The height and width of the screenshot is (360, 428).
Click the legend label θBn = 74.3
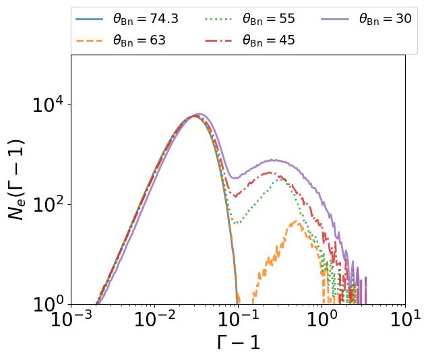click(146, 19)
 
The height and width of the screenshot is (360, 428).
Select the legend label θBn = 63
click(140, 40)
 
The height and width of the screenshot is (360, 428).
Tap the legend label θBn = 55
click(269, 19)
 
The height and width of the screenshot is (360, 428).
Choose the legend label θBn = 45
click(269, 40)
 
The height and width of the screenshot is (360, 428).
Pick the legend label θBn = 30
click(386, 19)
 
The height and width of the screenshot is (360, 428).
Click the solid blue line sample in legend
click(89, 19)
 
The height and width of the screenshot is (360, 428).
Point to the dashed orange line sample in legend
click(89, 40)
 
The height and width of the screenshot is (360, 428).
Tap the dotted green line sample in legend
click(218, 19)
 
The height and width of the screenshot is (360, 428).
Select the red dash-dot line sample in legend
click(218, 40)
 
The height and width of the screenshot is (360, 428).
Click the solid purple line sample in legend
click(335, 19)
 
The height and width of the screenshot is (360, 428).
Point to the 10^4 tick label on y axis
click(48, 104)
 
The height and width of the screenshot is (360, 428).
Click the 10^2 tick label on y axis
click(48, 204)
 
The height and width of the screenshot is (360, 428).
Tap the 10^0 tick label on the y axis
click(48, 304)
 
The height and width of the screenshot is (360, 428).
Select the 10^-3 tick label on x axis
click(71, 319)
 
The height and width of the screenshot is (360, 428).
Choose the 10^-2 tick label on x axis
click(155, 319)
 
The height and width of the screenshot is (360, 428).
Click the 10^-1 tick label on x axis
click(239, 319)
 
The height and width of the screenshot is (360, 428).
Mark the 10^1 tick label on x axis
click(406, 319)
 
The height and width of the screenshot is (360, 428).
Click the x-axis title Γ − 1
click(239, 342)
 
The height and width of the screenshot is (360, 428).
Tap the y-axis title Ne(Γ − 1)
click(17, 179)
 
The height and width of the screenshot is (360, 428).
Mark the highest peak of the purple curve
click(199, 114)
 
